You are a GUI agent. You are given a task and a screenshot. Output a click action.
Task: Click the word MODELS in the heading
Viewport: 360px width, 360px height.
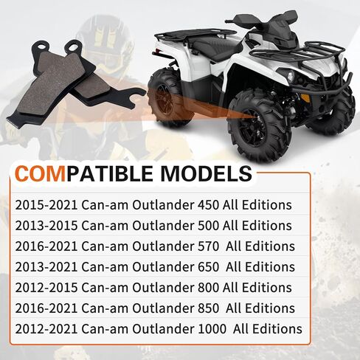pyautogui.click(x=207, y=173)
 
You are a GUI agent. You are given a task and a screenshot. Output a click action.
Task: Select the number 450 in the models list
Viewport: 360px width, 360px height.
pyautogui.click(x=208, y=205)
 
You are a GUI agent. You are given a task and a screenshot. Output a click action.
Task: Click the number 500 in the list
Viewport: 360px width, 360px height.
pyautogui.click(x=208, y=226)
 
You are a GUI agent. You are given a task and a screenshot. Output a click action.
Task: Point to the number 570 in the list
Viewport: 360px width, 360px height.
pyautogui.click(x=208, y=246)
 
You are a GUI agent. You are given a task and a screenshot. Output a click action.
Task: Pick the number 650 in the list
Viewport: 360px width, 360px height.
pyautogui.click(x=208, y=267)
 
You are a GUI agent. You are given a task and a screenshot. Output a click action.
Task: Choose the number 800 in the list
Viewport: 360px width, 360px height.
pyautogui.click(x=208, y=288)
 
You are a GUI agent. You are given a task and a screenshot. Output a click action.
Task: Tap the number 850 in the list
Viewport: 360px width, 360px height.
pyautogui.click(x=208, y=308)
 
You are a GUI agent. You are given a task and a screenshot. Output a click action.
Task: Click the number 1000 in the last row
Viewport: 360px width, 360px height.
pyautogui.click(x=212, y=329)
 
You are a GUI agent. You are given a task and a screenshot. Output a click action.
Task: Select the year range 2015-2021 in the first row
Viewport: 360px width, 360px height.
pyautogui.click(x=46, y=205)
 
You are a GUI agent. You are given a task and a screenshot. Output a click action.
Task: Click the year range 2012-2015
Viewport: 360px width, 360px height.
pyautogui.click(x=46, y=288)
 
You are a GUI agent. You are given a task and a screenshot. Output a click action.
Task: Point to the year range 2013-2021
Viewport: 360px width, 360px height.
pyautogui.click(x=46, y=267)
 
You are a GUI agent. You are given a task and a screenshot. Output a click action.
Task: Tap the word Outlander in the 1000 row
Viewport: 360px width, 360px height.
pyautogui.click(x=164, y=329)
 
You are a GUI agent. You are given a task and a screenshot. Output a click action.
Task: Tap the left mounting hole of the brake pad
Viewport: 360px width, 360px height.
pyautogui.click(x=41, y=46)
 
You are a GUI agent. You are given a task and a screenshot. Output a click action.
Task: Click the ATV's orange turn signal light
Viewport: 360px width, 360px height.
pyautogui.click(x=305, y=97)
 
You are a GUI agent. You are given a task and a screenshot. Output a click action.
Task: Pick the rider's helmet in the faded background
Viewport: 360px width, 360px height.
pyautogui.click(x=105, y=42)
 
